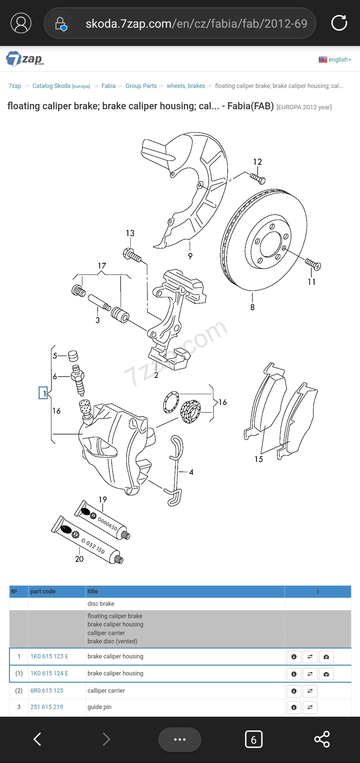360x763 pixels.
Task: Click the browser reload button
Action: (x=339, y=23)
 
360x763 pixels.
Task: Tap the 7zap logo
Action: (x=25, y=59)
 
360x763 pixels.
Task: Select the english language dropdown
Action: (x=335, y=60)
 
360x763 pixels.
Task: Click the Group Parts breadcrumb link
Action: (x=141, y=86)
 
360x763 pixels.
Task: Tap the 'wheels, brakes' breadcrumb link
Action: (x=186, y=86)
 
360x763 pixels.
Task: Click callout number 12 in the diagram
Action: (x=257, y=162)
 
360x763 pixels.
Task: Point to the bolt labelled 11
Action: (x=313, y=264)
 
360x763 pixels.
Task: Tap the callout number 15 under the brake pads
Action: (x=259, y=459)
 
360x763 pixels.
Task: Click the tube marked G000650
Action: (x=102, y=520)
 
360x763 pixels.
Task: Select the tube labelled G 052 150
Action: (x=87, y=540)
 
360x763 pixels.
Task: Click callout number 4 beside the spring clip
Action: (x=191, y=472)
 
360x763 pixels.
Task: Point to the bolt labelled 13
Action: (x=132, y=256)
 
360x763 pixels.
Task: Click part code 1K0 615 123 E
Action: (x=49, y=656)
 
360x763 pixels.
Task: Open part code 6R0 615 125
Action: (x=47, y=691)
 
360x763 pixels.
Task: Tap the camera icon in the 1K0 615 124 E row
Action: (x=326, y=674)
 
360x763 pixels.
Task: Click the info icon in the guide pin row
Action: (x=294, y=707)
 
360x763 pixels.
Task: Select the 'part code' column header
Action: (x=43, y=591)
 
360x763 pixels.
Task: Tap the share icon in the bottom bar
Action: (x=322, y=739)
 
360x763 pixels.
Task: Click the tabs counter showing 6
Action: (x=254, y=739)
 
